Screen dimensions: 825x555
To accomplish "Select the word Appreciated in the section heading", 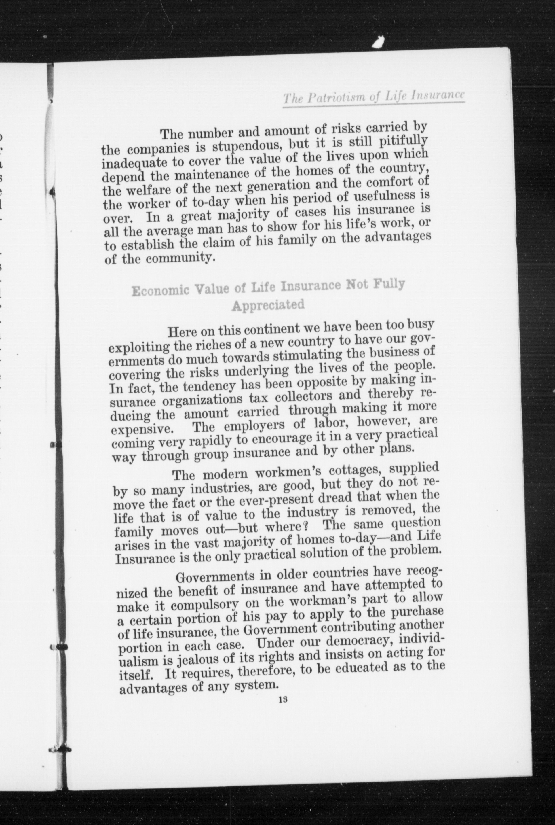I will [268, 305].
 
